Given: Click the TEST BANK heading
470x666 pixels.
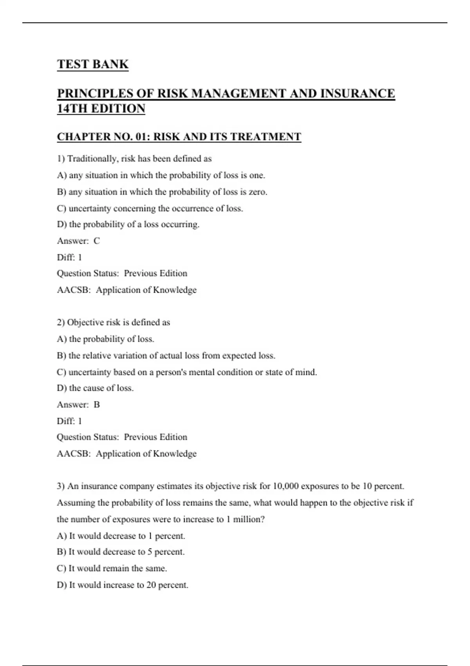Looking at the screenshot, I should click(93, 64).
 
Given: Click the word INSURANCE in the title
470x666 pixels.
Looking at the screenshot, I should click(357, 94).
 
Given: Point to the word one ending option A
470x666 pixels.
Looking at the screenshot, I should click(257, 176).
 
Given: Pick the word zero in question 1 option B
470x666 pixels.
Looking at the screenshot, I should click(257, 192).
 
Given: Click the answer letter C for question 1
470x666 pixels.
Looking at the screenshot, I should click(97, 241).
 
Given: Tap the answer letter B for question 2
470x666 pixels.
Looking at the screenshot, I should click(97, 405).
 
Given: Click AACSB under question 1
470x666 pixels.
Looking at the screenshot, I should click(74, 290).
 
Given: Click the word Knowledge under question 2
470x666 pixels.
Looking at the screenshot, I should click(175, 454).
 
